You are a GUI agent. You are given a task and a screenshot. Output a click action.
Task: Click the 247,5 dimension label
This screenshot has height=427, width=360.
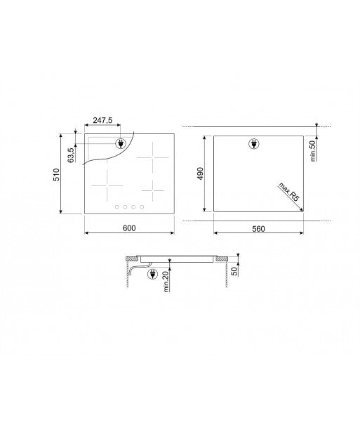[102, 121]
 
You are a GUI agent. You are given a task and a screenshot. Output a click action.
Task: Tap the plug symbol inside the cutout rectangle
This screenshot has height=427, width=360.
[254, 145]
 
